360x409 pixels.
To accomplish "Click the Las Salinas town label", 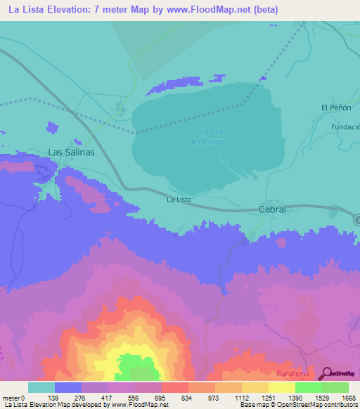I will pyautogui.click(x=70, y=152).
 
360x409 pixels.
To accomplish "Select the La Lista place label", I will pyautogui.click(x=179, y=200).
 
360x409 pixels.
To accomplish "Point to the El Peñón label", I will pyautogui.click(x=335, y=108).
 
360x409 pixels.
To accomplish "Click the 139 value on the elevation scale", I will pyautogui.click(x=68, y=398).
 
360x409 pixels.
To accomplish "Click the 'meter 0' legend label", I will pyautogui.click(x=14, y=398).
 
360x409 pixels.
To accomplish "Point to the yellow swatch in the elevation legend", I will pyautogui.click(x=281, y=387).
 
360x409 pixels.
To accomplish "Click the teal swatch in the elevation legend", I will pyautogui.click(x=41, y=387).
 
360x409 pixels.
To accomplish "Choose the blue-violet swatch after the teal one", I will pyautogui.click(x=68, y=387).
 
